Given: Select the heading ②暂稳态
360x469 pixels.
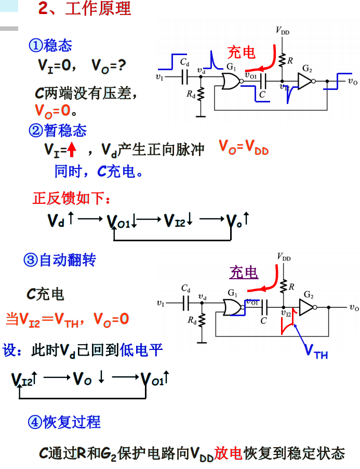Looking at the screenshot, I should tap(58, 130).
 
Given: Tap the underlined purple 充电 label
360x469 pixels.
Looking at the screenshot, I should tap(244, 272).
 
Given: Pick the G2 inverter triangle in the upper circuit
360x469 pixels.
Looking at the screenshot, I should tap(305, 81).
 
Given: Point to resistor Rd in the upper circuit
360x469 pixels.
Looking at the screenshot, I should tap(201, 95).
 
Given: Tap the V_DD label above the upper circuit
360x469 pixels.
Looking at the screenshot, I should tap(282, 32).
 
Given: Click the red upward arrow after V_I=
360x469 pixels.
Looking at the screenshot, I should tap(72, 150).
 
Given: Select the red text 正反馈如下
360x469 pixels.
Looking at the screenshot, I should tap(72, 199).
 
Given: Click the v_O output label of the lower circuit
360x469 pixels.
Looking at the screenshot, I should tap(353, 308).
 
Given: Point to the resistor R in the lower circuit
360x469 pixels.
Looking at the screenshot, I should tap(284, 286).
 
